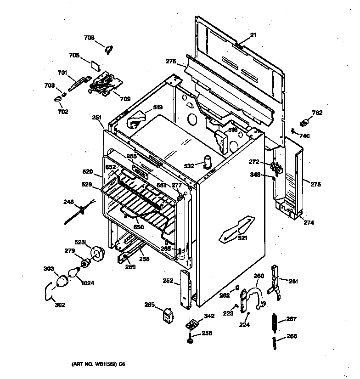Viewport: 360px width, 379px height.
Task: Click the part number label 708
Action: (89, 38)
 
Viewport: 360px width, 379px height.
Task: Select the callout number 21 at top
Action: (252, 35)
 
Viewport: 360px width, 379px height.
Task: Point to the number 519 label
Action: (157, 107)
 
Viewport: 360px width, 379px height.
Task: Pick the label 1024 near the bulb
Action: (87, 283)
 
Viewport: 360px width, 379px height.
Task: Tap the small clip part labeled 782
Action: (303, 123)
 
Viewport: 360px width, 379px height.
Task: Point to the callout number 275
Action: (315, 185)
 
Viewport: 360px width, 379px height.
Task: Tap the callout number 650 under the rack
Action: (138, 227)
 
